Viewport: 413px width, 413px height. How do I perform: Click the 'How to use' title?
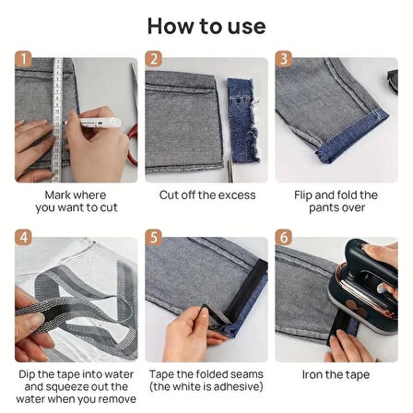206,26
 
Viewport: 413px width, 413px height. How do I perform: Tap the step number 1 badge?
23,59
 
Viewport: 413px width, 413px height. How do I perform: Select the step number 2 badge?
153,59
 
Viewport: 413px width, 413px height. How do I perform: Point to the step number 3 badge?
283,59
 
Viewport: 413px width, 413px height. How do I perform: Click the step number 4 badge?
23,238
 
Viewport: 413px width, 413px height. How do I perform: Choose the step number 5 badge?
153,238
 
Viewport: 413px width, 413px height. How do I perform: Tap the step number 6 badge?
283,238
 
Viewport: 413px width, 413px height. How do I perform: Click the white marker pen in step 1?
92,123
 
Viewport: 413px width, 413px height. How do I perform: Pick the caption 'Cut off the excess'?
207,195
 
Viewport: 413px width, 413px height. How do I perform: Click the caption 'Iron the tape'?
336,374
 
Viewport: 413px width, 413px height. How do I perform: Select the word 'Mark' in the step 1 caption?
58,195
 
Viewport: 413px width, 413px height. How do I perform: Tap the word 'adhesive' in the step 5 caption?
236,386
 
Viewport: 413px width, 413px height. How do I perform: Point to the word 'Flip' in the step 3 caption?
303,195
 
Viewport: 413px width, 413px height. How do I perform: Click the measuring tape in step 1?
57,120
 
